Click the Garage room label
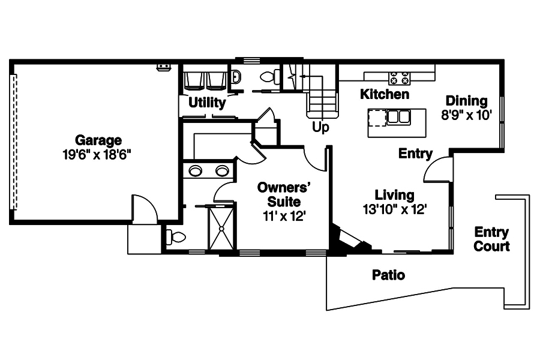click(x=98, y=141)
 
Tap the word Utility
click(x=207, y=103)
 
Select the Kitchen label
click(x=385, y=94)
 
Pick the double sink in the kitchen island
click(x=399, y=116)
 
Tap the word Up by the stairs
click(x=320, y=128)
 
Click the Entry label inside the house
click(x=416, y=154)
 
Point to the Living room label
click(x=394, y=195)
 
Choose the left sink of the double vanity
click(x=196, y=171)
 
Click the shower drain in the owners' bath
click(x=223, y=228)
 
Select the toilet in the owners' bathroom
click(x=175, y=238)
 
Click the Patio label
click(x=388, y=275)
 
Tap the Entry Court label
click(x=491, y=239)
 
